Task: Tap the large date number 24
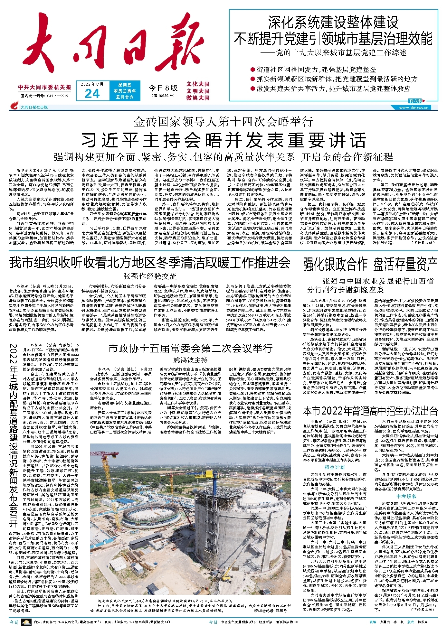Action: coord(92,94)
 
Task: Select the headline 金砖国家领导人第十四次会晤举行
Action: coord(223,122)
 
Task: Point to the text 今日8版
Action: coord(163,88)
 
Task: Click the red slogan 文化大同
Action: coord(198,84)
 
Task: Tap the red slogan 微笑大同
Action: coord(198,98)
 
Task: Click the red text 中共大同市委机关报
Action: coord(45,88)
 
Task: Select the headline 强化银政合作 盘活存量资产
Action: coord(370,264)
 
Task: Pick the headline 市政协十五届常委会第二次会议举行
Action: coord(190,349)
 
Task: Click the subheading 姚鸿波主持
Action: coord(190,360)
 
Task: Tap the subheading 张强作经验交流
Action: coord(150,276)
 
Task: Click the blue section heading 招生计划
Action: coord(335,467)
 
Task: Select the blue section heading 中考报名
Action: coord(406,496)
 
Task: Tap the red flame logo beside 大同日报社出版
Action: coord(14,106)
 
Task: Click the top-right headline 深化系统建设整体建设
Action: coord(333,23)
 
